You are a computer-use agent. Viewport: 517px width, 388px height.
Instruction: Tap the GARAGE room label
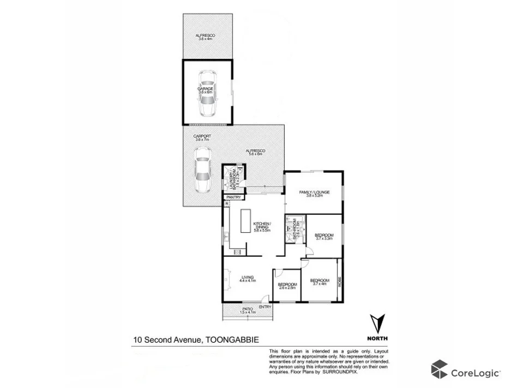point(206,88)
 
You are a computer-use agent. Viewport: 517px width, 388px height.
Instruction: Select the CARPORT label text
point(202,137)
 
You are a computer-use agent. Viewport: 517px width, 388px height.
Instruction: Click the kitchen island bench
point(241,226)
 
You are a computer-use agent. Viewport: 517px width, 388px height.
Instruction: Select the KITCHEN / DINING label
point(262,227)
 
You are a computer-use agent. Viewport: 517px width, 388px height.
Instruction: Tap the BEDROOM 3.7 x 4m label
point(320,282)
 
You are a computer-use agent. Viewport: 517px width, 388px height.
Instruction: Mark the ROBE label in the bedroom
point(340,282)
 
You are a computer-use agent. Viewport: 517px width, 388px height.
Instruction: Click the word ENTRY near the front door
point(265,307)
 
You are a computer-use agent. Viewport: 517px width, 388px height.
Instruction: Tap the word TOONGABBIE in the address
point(232,339)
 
